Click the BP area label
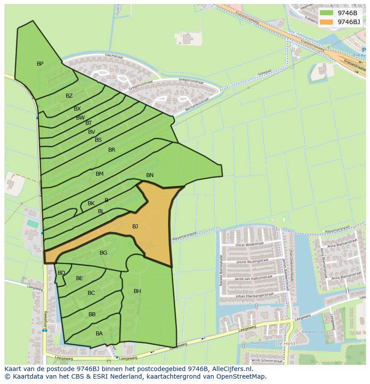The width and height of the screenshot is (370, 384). (40, 64)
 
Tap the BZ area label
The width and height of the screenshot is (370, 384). (69, 96)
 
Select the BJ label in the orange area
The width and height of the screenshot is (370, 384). (135, 227)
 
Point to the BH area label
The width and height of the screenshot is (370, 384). (137, 291)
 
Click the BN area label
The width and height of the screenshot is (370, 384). (150, 175)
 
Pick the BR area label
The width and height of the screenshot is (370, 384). (112, 150)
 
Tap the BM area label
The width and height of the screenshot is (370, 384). (99, 174)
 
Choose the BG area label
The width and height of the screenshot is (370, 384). (103, 253)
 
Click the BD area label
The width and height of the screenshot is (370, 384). (61, 273)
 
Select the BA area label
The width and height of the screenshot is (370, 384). (99, 334)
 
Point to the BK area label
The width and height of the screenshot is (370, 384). (91, 203)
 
